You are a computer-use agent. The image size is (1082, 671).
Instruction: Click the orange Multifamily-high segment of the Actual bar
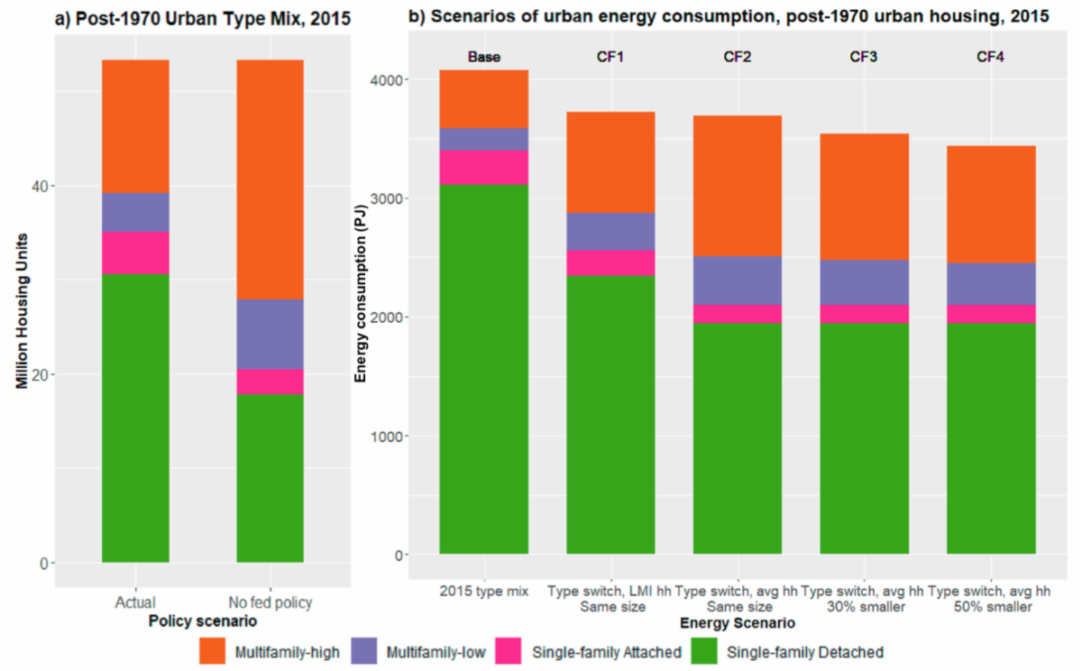click(135, 126)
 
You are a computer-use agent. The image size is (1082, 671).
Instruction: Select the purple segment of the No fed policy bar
click(270, 334)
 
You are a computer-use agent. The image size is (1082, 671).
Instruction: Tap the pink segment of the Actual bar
click(135, 253)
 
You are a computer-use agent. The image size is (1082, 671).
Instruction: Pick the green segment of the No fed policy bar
click(270, 478)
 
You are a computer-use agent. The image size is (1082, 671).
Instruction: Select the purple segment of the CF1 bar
click(610, 231)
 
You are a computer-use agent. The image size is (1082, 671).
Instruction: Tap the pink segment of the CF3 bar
click(865, 313)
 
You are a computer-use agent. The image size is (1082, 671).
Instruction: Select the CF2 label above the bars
click(738, 57)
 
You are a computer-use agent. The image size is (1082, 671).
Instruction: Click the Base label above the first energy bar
click(483, 57)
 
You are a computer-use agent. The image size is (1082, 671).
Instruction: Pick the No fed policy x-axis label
click(270, 602)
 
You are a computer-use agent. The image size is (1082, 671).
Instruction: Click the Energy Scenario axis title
click(737, 623)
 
